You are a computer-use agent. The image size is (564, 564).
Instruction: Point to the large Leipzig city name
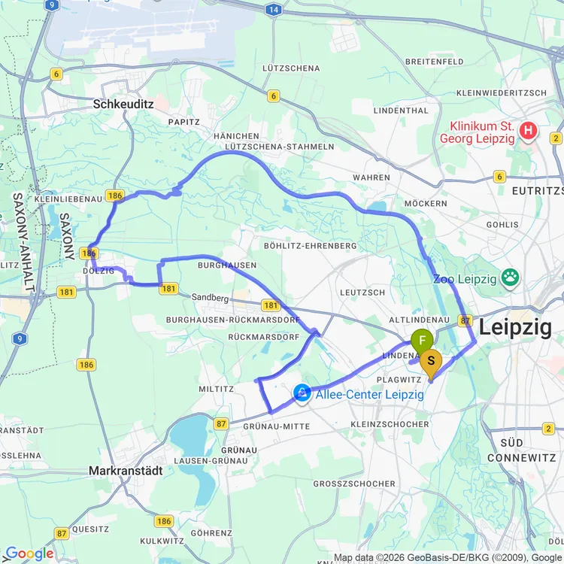[515, 327]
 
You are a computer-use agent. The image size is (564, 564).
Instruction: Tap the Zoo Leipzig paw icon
[511, 278]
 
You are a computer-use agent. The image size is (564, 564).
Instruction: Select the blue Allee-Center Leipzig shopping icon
[302, 393]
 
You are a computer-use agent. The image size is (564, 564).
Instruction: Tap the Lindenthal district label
[401, 111]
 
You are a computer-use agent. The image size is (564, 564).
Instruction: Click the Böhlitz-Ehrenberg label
[310, 246]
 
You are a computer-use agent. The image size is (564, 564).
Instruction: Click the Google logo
[28, 553]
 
